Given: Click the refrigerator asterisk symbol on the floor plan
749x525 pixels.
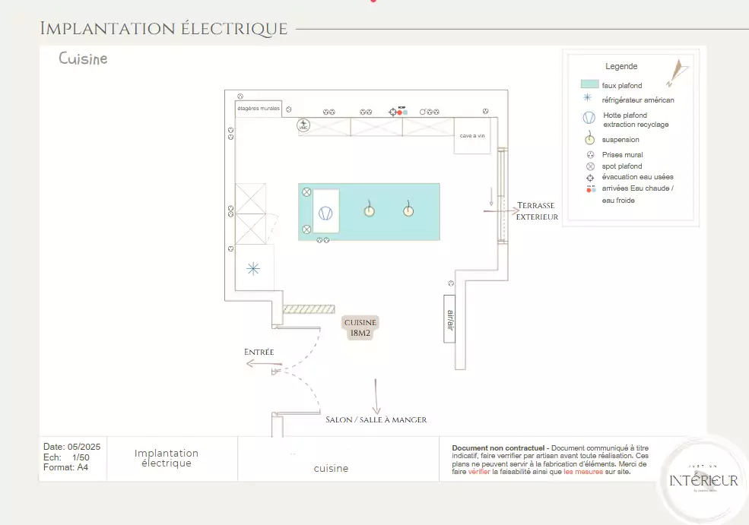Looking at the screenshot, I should click(x=253, y=268).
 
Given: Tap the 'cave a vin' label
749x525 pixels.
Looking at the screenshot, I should click(x=472, y=136).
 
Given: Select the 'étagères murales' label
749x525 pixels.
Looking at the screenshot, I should click(x=259, y=109).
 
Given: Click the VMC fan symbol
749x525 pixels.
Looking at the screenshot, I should click(x=304, y=125).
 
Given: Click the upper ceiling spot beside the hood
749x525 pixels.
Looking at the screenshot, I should click(x=307, y=193).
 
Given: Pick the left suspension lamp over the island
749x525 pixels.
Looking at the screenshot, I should click(x=369, y=210).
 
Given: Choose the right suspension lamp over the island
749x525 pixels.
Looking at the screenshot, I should click(x=408, y=210).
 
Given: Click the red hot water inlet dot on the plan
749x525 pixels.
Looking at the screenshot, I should click(x=399, y=112).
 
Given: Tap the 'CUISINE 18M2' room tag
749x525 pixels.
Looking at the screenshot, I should click(x=360, y=327).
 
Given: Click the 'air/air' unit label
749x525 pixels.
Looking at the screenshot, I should click(x=449, y=318).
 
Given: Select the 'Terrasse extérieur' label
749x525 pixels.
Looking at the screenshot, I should click(x=537, y=211).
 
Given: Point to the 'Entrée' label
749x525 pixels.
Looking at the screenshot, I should click(x=259, y=352).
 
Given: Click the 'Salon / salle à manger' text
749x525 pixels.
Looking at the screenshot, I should click(x=376, y=419).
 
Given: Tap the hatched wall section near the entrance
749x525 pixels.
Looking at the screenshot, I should click(x=308, y=309).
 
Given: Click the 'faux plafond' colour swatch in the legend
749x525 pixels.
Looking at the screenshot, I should click(x=589, y=84).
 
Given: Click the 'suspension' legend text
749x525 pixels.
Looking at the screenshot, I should click(x=620, y=140).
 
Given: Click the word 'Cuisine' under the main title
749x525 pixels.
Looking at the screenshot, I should click(x=83, y=59).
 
